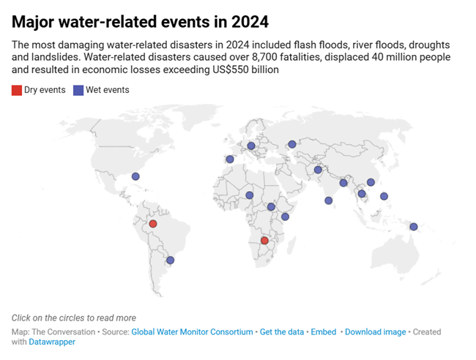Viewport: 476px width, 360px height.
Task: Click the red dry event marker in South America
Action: pos(153,224)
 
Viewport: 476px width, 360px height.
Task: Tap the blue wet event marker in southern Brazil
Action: pos(171,260)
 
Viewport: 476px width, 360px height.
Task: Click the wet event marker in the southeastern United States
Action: pos(135,176)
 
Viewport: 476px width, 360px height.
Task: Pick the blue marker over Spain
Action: pos(230,159)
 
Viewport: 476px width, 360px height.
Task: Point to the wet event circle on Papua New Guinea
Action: pos(414,226)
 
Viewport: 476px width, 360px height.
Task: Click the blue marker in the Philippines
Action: pos(384,195)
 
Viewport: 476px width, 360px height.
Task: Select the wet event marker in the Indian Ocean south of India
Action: pos(328,200)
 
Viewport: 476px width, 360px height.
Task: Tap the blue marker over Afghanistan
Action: pos(318,170)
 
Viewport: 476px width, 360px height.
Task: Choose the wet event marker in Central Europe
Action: pos(251,146)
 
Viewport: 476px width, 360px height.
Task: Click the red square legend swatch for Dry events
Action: pos(16,90)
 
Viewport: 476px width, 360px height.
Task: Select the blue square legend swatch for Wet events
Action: pos(78,90)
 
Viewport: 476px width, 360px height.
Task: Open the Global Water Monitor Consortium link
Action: pos(192,331)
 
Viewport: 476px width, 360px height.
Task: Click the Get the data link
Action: pos(282,331)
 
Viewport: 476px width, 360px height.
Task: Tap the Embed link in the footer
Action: pos(324,331)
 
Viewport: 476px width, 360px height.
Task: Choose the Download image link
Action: pos(375,331)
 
